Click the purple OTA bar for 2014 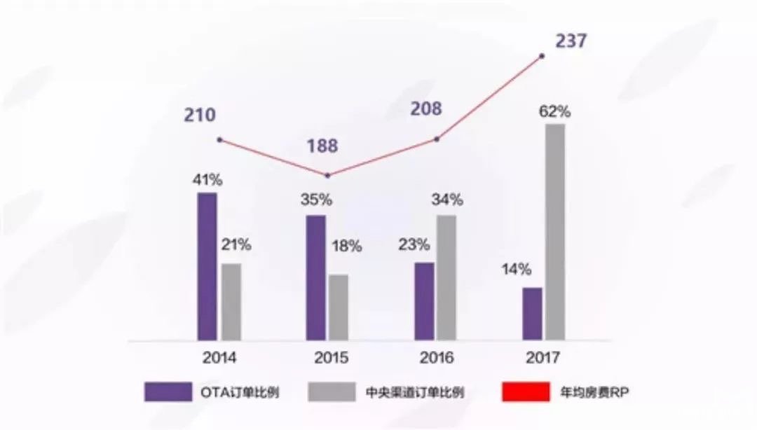207,266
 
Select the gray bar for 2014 231,302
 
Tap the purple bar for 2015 315,277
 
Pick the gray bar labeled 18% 339,307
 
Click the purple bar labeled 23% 424,301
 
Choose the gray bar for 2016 447,277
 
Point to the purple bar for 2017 533,314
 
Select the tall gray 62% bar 555,232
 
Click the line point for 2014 219,140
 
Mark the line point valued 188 327,175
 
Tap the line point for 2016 437,139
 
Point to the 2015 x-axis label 331,359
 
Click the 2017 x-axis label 543,359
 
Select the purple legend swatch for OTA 168,392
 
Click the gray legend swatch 331,392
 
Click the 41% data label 208,180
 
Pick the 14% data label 516,270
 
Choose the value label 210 200,116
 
